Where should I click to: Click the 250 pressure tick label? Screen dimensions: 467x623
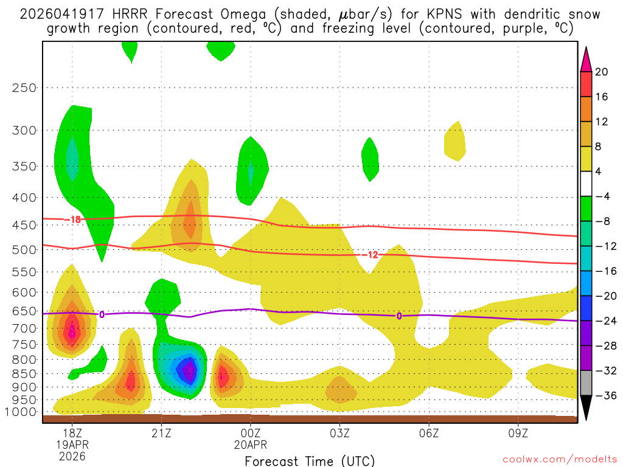(24, 88)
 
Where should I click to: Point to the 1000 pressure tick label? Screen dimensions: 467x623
(22, 412)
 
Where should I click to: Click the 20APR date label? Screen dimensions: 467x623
(251, 444)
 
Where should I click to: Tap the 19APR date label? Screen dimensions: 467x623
(72, 444)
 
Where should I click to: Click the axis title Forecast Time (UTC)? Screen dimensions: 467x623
(310, 460)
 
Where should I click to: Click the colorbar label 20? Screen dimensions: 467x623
(602, 72)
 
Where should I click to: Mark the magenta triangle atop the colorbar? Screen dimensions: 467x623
(586, 58)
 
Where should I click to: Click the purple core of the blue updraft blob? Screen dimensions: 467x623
(189, 369)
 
